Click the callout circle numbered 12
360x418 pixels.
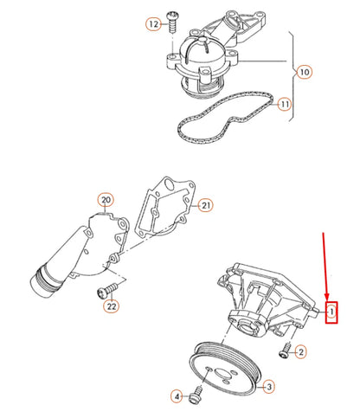tap(153, 25)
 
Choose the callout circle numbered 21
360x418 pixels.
tap(205, 204)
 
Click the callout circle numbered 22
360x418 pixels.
tap(111, 305)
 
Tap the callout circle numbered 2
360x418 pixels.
tap(299, 351)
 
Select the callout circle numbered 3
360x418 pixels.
tap(269, 386)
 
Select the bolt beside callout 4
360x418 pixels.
tap(195, 396)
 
